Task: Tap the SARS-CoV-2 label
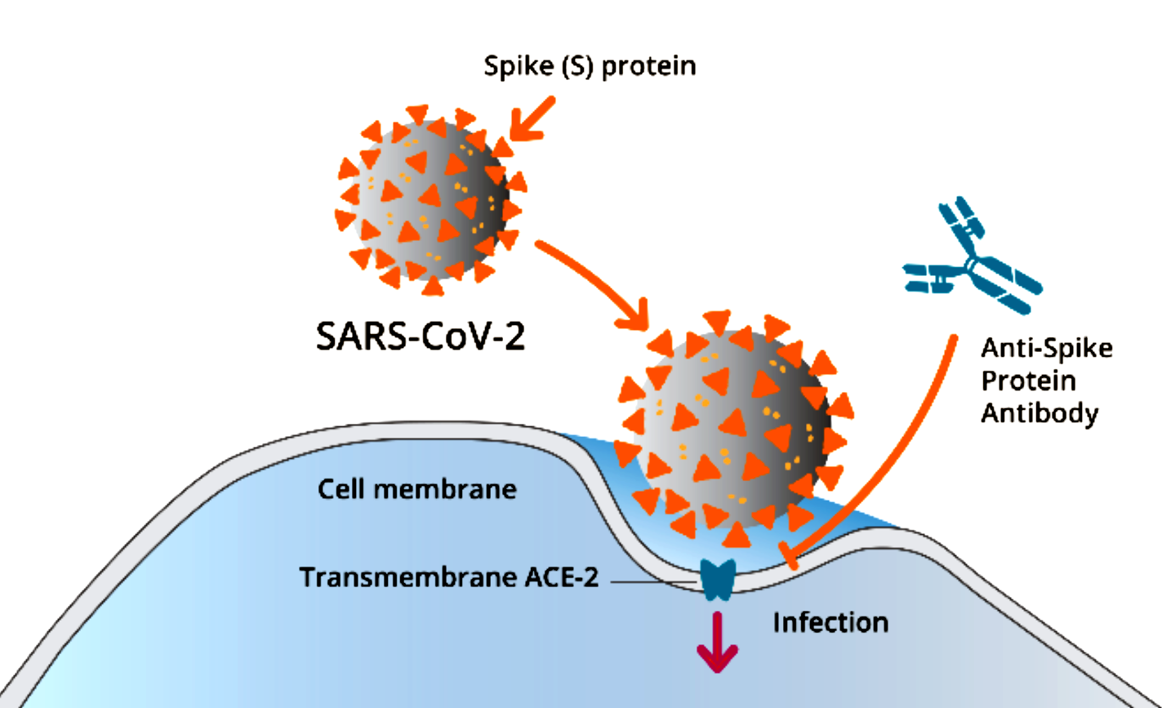420,336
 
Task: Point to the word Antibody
1039,413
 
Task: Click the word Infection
830,623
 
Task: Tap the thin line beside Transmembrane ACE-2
652,582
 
